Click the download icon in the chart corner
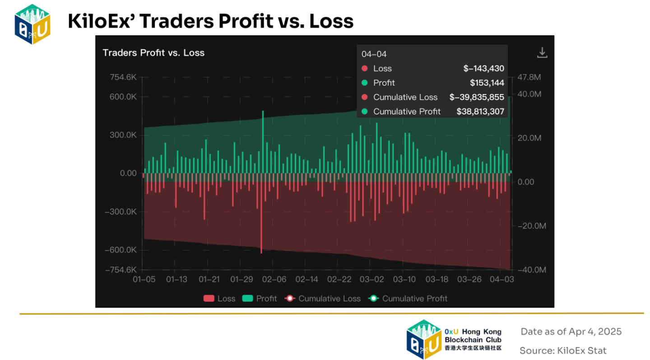[x=542, y=53]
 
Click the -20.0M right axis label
[x=531, y=226]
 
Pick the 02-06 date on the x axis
[x=274, y=280]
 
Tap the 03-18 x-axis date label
[x=437, y=280]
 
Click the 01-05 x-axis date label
[x=144, y=280]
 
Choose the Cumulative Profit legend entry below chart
[x=408, y=299]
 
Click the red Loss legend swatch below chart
[x=209, y=299]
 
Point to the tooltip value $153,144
[x=487, y=83]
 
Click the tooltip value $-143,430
[x=483, y=69]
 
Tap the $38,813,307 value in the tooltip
[x=480, y=111]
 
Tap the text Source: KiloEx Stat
[x=563, y=351]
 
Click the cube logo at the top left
[x=32, y=23]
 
